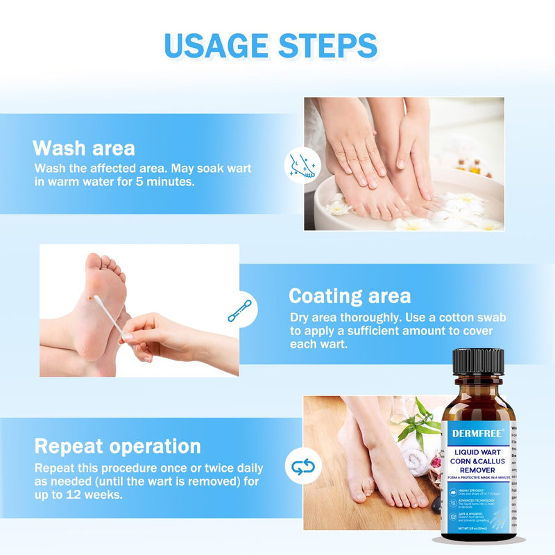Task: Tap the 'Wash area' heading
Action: click(x=84, y=148)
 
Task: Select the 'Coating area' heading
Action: click(x=349, y=296)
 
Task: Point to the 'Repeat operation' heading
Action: click(x=118, y=445)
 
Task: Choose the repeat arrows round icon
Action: click(x=303, y=467)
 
